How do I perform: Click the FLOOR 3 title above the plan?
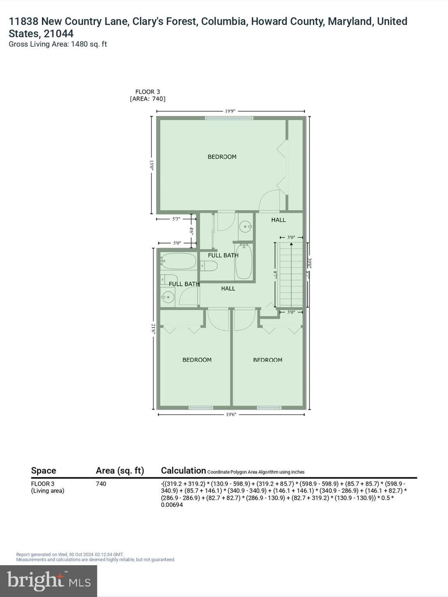(x=147, y=92)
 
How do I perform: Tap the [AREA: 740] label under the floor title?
(x=147, y=99)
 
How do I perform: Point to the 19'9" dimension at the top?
(x=230, y=111)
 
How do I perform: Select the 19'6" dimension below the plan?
(x=231, y=414)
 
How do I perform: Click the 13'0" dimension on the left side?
(x=152, y=166)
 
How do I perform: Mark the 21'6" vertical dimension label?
(x=153, y=329)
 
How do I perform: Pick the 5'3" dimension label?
(x=176, y=219)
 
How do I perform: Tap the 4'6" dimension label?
(x=191, y=231)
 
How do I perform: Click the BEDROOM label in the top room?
(x=222, y=157)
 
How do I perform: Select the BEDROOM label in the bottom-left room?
(x=197, y=360)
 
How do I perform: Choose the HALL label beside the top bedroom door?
(x=278, y=220)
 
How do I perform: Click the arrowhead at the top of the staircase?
(x=291, y=244)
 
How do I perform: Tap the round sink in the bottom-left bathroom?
(x=168, y=298)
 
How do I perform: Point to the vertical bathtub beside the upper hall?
(x=244, y=261)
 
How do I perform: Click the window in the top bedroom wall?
(x=229, y=118)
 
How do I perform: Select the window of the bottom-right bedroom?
(x=269, y=408)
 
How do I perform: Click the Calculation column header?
(x=183, y=471)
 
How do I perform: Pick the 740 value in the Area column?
(x=101, y=484)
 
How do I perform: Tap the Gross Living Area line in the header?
(x=58, y=44)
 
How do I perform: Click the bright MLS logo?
(x=49, y=581)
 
